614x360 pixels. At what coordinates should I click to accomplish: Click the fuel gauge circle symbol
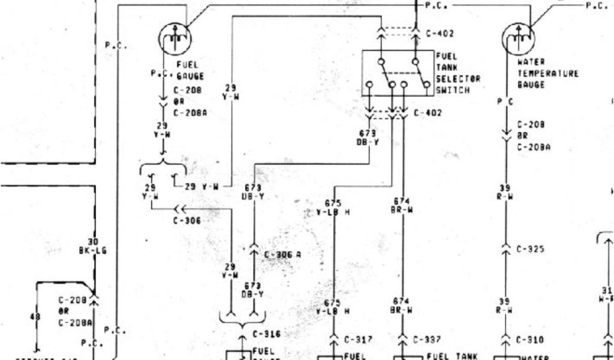174,40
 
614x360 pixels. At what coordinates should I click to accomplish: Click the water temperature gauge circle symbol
518,40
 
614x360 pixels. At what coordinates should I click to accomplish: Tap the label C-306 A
282,255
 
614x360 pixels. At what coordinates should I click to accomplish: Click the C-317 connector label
359,340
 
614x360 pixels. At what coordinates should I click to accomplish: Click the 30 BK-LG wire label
92,246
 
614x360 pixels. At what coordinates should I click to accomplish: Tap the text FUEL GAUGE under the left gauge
190,70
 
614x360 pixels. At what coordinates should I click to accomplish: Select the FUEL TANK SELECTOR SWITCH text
462,73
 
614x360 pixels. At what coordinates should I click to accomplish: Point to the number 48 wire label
34,316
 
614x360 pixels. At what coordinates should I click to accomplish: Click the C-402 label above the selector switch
440,34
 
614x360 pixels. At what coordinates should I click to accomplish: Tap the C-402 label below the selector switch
428,112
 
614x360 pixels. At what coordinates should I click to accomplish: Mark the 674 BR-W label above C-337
401,205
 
